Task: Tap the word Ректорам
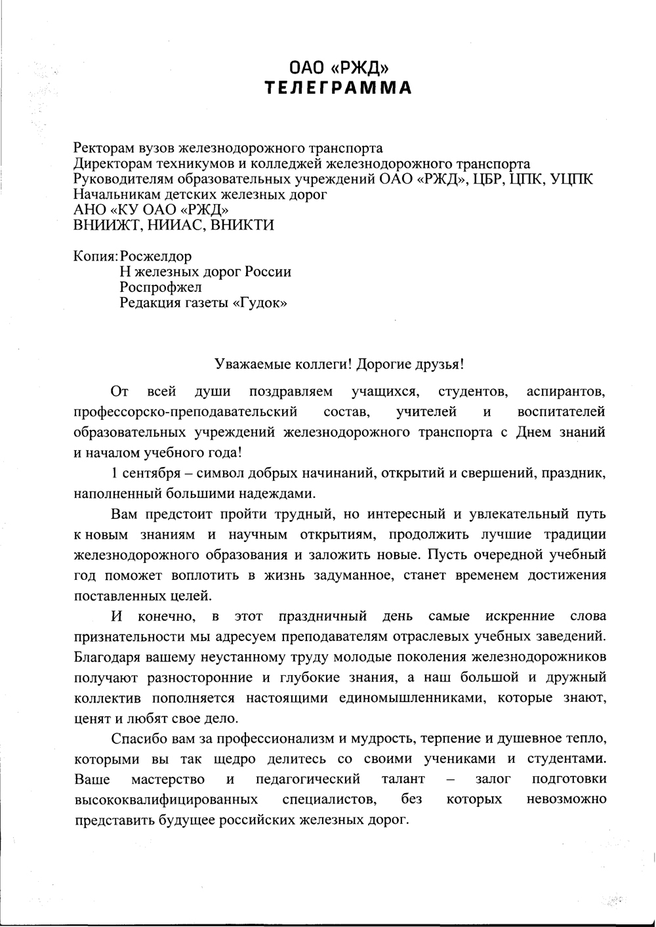102,148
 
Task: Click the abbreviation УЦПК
572,179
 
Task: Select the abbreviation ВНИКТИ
241,225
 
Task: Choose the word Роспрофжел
161,287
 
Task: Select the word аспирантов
565,392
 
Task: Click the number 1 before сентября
115,473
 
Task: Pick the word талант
403,779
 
